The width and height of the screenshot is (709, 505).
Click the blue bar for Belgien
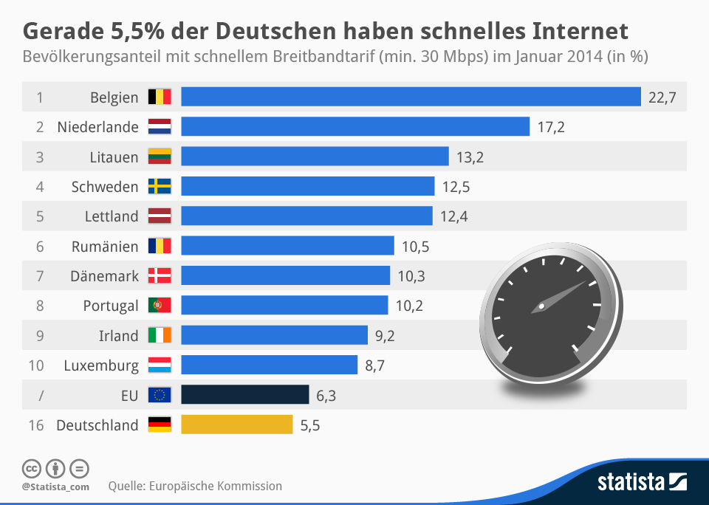coord(411,97)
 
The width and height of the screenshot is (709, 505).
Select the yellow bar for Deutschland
coord(237,425)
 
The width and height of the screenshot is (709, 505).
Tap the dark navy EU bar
coord(244,395)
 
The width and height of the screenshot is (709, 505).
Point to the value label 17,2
coord(551,127)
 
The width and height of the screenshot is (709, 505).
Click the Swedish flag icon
coord(160,187)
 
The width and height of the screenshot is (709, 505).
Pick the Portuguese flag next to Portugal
coord(160,306)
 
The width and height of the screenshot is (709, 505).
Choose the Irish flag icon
coord(160,336)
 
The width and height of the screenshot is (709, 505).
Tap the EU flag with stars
coord(160,395)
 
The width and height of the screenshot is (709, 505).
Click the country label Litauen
coord(114,157)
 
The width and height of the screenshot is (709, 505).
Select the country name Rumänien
coord(105,247)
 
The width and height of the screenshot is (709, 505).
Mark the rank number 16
coord(39,425)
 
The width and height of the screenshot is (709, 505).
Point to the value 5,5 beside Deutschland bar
coord(310,425)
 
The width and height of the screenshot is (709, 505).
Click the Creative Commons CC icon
coord(31,468)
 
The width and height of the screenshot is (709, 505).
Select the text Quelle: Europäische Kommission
coord(195,486)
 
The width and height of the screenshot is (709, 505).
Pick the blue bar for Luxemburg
coord(269,365)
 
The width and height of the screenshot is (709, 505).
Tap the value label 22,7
coord(662,97)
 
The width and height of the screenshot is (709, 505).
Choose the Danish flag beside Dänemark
coord(160,276)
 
